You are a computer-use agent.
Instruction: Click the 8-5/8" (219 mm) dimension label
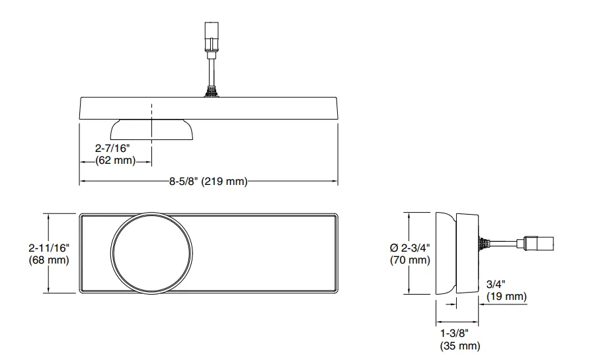point(208,182)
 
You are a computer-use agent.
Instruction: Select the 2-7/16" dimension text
point(112,148)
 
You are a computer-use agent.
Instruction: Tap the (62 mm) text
point(115,160)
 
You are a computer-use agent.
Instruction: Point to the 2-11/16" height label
point(49,248)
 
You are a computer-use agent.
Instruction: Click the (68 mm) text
point(49,260)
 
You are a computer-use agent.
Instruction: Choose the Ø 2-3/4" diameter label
point(410,248)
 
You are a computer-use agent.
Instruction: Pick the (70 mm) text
point(410,260)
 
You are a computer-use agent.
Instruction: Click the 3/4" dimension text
point(496,283)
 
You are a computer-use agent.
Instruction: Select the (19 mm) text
point(506,296)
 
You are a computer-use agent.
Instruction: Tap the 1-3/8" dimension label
point(454,333)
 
